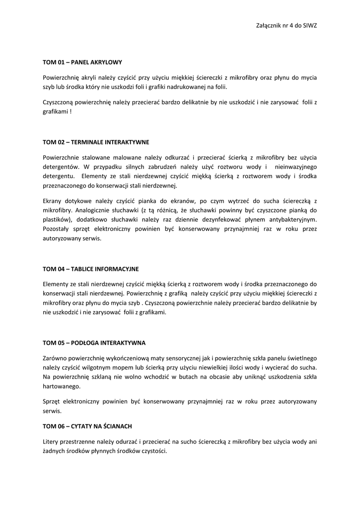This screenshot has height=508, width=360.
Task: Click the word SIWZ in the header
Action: pyautogui.click(x=309, y=25)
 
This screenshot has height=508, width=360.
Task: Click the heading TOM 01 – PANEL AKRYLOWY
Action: pyautogui.click(x=82, y=63)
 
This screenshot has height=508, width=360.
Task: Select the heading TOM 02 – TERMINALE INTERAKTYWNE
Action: pyautogui.click(x=96, y=142)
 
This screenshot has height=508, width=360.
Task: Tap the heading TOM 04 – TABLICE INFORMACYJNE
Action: pyautogui.click(x=91, y=269)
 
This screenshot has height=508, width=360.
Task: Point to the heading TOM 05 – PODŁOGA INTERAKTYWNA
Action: pyautogui.click(x=94, y=343)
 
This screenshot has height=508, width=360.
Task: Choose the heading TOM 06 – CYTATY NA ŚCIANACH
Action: pyautogui.click(x=87, y=426)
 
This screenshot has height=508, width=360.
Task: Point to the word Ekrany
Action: pyautogui.click(x=53, y=201)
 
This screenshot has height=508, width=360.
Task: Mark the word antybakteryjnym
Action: pyautogui.click(x=289, y=220)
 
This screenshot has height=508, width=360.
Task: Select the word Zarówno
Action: pyautogui.click(x=55, y=358)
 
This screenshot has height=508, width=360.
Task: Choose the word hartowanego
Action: pyautogui.click(x=61, y=386)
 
